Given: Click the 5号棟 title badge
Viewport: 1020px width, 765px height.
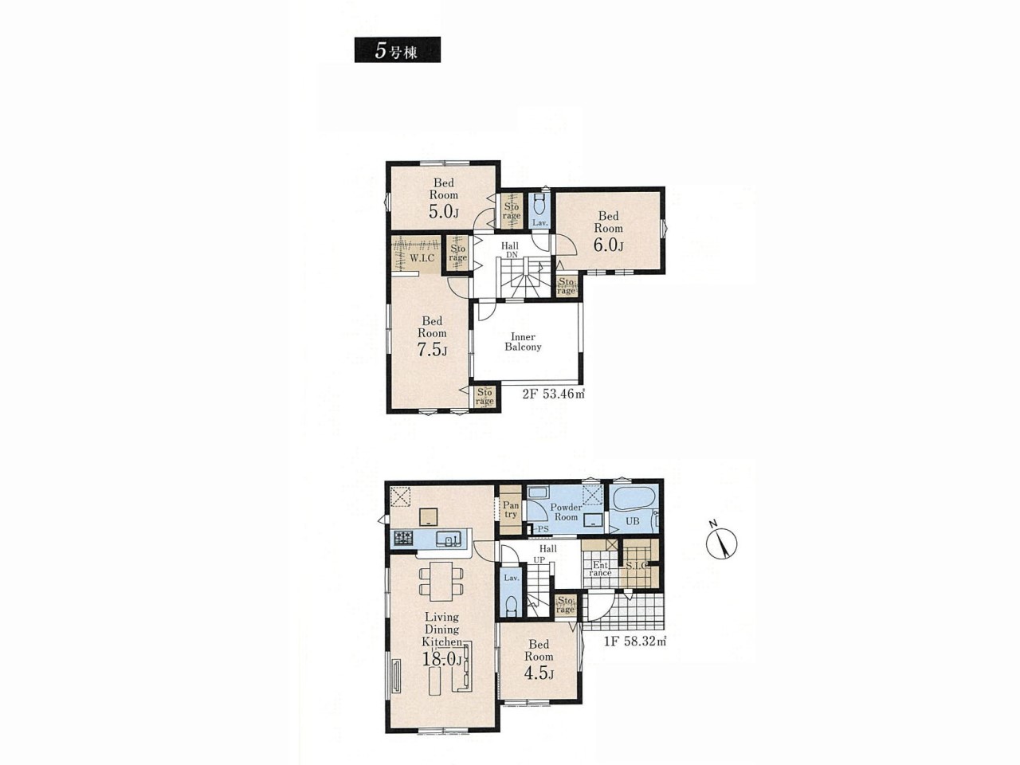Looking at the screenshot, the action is (398, 49).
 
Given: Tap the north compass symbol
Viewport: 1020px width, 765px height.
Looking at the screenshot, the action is (720, 542).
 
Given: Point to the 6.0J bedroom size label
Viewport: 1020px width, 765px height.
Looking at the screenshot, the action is (608, 245).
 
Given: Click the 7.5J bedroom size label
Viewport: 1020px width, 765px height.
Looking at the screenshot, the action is (432, 350).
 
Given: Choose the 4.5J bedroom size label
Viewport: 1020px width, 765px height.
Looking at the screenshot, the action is (539, 673).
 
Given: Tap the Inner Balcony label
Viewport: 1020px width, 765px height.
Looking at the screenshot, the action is (524, 341).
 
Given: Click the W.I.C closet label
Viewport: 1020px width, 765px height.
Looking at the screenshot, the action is (422, 257).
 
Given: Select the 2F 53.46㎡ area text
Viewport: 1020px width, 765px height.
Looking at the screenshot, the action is (553, 394).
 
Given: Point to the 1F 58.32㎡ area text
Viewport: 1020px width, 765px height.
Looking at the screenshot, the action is (635, 641).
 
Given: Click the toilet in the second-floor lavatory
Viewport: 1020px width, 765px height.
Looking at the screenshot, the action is (539, 203).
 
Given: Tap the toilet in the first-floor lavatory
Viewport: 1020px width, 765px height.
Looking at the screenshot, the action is (511, 606).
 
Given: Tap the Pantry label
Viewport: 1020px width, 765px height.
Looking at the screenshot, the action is (510, 508).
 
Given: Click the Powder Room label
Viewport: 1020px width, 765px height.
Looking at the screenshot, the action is (566, 512).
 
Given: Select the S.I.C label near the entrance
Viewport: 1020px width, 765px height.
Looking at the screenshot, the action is (636, 567).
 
